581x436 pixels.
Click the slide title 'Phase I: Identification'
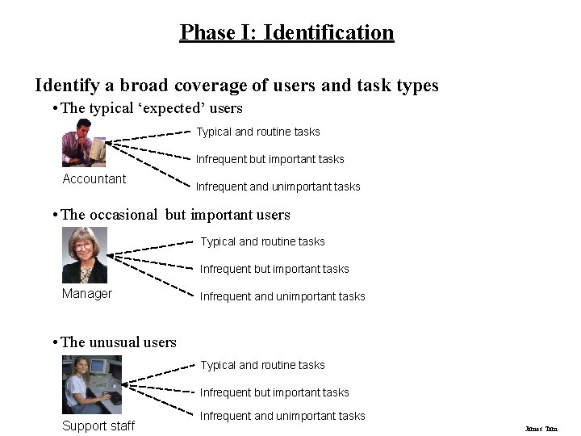click(286, 32)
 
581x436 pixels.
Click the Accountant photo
click(84, 142)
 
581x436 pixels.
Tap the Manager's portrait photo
click(85, 254)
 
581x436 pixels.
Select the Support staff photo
click(92, 384)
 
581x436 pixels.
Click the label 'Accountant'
click(94, 179)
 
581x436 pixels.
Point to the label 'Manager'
click(87, 294)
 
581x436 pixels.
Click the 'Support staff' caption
click(98, 426)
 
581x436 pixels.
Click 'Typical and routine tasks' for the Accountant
click(258, 132)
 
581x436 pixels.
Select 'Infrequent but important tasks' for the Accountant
click(270, 159)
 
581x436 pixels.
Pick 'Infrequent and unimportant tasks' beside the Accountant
click(278, 187)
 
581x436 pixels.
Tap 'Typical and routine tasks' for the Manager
click(263, 241)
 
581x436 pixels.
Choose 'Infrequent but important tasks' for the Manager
click(274, 269)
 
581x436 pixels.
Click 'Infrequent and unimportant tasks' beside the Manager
click(282, 296)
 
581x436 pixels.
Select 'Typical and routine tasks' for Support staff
click(263, 365)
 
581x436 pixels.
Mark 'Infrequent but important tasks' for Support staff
click(274, 392)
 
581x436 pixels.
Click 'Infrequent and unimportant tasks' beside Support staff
click(282, 416)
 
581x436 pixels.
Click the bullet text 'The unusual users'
click(119, 342)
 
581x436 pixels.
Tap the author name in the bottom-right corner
click(541, 429)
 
